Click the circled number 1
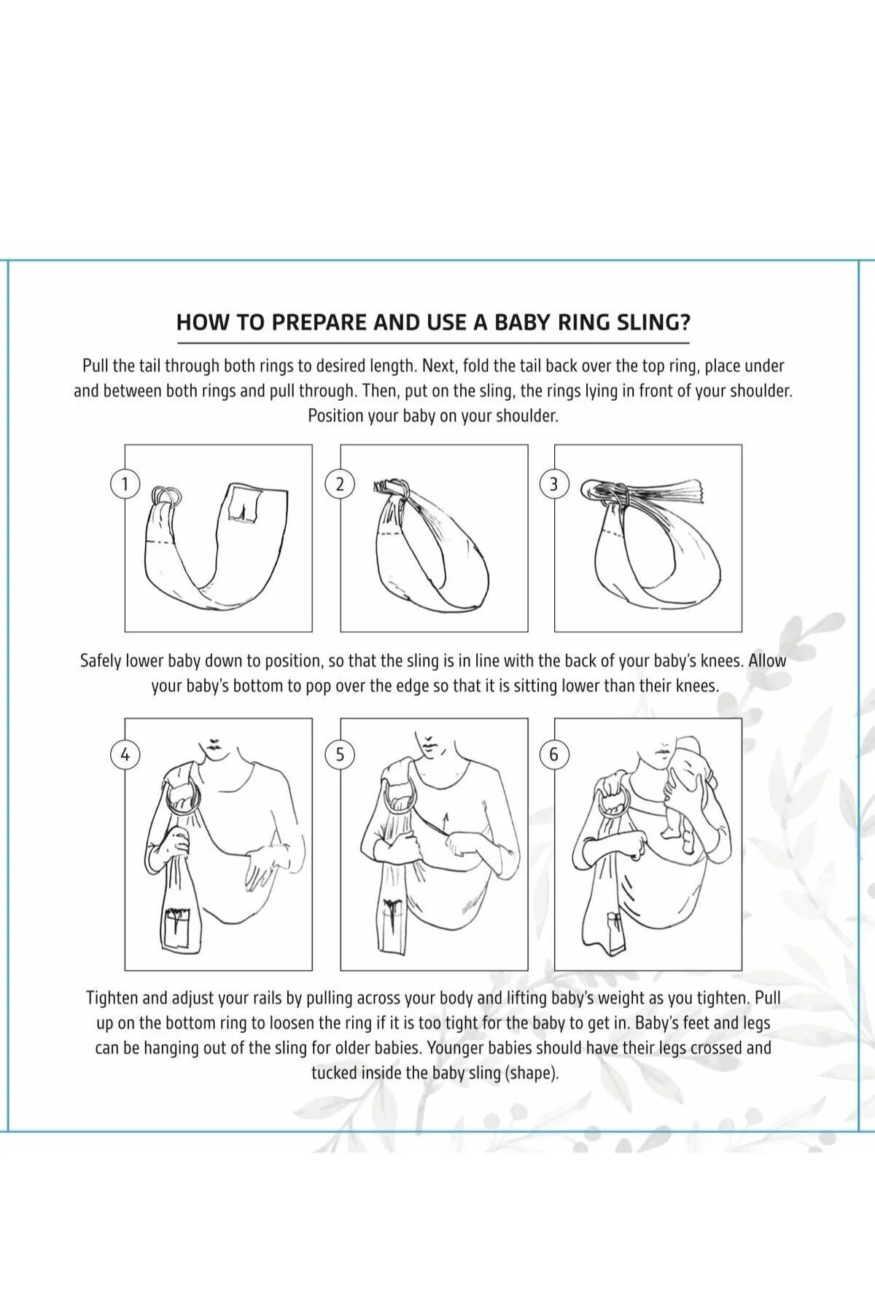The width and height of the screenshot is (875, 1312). tap(125, 484)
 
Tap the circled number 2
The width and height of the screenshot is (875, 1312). tap(339, 484)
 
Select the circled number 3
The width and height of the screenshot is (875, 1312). tap(553, 484)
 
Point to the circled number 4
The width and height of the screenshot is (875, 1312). tap(125, 754)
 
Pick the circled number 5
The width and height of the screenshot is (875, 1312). tap(339, 754)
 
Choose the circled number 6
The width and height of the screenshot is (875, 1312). tap(553, 754)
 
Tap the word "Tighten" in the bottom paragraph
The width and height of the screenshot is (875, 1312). tap(114, 998)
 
